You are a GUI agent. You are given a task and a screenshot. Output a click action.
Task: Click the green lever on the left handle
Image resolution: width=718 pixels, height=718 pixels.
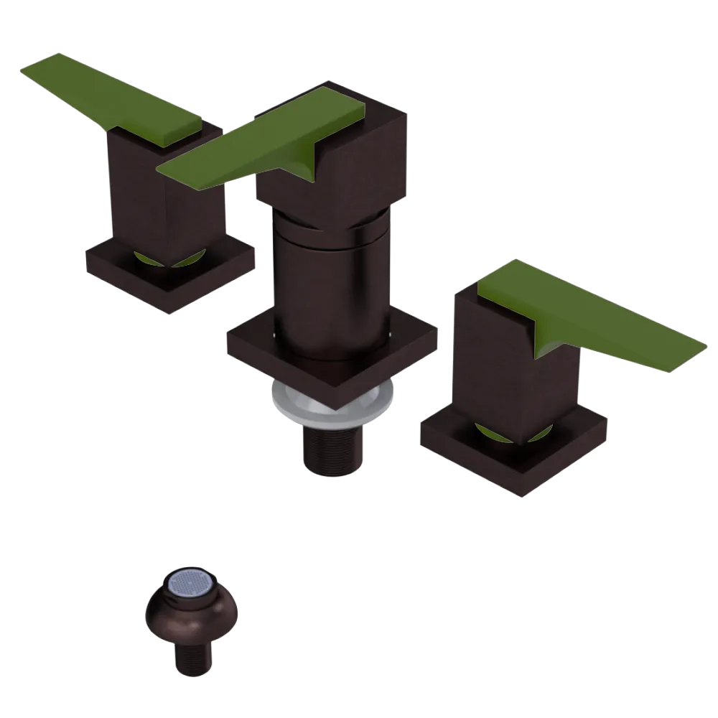[x=115, y=97]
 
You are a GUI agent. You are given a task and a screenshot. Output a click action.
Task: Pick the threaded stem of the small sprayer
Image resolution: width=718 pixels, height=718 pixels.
[x=191, y=657]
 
